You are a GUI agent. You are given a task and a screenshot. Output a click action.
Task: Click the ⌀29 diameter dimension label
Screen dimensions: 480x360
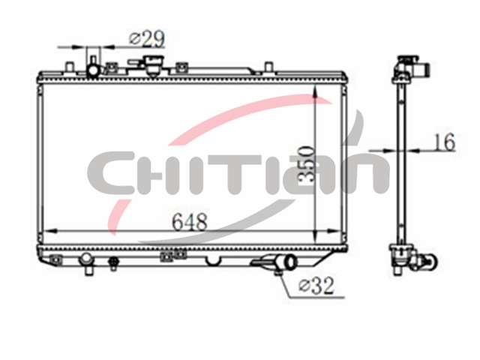[147, 39]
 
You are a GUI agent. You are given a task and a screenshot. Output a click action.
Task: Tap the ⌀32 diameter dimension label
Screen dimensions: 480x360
[316, 286]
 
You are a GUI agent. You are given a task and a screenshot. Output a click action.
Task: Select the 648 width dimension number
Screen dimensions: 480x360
[190, 222]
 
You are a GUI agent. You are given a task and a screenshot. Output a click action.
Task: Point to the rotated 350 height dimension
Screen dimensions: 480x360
[306, 165]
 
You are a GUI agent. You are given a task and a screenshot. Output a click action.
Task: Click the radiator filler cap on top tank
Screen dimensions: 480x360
[154, 65]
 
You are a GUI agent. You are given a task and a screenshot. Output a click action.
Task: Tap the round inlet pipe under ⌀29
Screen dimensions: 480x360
[93, 71]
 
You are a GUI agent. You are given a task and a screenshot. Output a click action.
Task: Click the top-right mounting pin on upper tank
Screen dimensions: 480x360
[268, 67]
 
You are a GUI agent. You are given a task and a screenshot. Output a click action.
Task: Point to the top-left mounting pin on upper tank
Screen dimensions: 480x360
[70, 67]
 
